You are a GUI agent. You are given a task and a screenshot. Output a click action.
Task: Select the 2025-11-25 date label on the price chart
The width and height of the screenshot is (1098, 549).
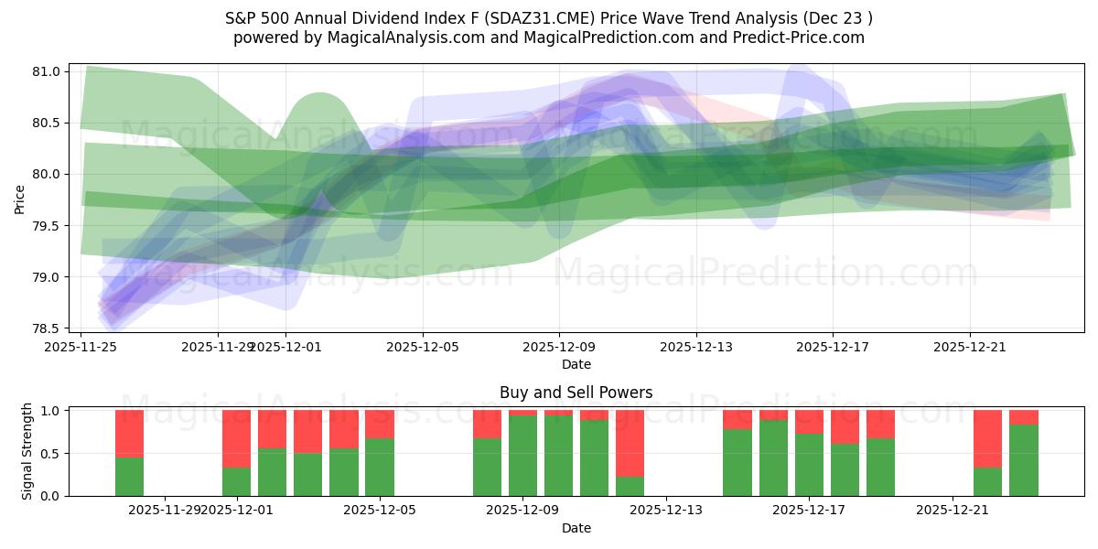point(81,347)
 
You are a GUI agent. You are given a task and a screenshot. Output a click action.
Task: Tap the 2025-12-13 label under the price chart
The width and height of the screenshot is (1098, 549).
point(695,347)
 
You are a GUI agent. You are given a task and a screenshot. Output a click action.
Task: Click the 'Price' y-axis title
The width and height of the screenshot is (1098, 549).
point(19,199)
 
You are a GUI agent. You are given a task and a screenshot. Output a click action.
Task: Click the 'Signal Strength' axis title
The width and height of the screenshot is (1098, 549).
point(27,451)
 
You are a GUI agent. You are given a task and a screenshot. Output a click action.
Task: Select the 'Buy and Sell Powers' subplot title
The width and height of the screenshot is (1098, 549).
point(576,393)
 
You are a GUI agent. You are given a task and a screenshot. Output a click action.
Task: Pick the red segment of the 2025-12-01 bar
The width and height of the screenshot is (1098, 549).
point(236,438)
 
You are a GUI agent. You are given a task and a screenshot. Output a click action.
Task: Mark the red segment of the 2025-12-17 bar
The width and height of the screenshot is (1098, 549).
point(809,421)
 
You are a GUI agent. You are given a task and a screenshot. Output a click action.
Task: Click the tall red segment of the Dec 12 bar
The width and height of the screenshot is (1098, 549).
point(630,443)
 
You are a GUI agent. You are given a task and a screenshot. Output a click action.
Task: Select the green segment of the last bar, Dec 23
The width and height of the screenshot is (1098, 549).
point(1023,460)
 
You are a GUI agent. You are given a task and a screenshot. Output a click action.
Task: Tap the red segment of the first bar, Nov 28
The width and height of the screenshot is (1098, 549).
point(129,433)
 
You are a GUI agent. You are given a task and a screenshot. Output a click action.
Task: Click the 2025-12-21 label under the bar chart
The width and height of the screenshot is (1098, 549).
point(953,510)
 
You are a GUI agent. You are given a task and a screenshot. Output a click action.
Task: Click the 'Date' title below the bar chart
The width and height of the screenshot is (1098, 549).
point(576,528)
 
